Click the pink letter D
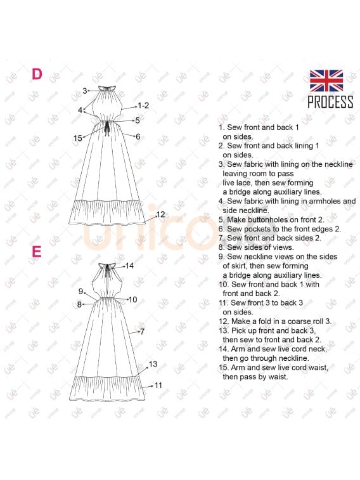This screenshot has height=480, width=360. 37,74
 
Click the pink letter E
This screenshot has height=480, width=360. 36,252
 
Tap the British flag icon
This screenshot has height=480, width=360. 326,81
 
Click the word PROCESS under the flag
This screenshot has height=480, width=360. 330,102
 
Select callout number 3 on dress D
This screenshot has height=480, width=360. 85,91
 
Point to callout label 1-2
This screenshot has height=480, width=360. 143,106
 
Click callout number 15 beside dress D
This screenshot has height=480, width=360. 78,138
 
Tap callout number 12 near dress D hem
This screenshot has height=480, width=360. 160,214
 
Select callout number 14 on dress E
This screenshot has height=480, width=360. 129,266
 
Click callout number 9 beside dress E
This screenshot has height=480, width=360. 80,291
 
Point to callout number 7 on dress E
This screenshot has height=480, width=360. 142,332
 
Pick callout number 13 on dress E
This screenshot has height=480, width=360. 153,364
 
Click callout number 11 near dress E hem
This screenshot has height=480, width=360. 158,386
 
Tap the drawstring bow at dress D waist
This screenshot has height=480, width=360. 106,129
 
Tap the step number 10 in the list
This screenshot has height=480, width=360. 224,285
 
